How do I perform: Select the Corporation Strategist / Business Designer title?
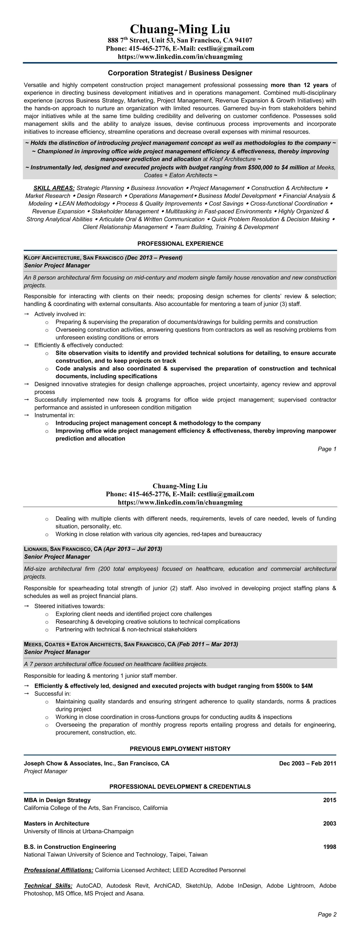pos(180,73)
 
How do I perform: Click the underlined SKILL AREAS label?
pos(54,188)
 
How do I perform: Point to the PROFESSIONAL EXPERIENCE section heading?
pos(180,244)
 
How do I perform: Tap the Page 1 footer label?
pos(327,449)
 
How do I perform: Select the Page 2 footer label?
pos(327,914)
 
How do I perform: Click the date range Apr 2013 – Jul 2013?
pos(133,549)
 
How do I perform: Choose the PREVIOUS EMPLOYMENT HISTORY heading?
pos(180,749)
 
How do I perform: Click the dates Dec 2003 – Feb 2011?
pos(307,763)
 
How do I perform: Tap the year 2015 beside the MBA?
pos(329,800)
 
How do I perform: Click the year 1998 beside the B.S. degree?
pos(329,847)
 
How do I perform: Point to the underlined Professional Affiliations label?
pos(58,870)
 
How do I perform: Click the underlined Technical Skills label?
pos(48,886)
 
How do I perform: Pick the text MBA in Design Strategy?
pos(57,800)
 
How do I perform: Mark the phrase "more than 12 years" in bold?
pos(299,85)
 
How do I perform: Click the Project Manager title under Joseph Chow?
pos(45,771)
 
